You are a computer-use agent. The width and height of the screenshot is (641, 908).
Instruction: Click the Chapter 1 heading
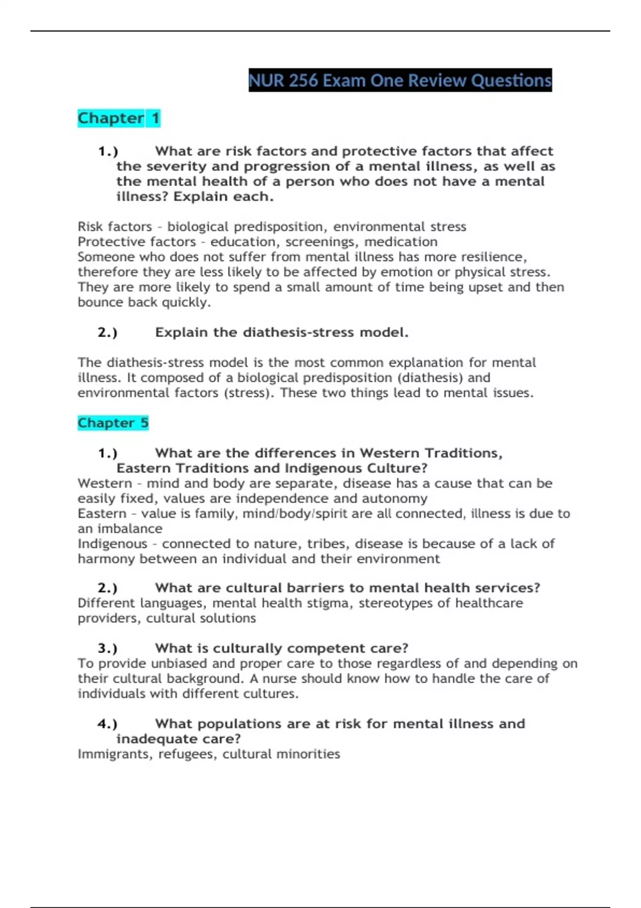119,118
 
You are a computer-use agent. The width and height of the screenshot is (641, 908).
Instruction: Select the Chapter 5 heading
113,423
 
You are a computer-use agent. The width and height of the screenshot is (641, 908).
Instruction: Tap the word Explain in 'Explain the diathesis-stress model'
181,333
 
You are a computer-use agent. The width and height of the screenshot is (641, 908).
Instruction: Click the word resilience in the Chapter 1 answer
494,257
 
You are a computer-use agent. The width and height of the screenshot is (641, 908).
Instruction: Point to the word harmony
106,559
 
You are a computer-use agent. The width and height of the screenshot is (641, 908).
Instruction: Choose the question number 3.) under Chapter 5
107,648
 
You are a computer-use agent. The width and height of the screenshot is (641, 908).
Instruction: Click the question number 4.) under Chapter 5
107,724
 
